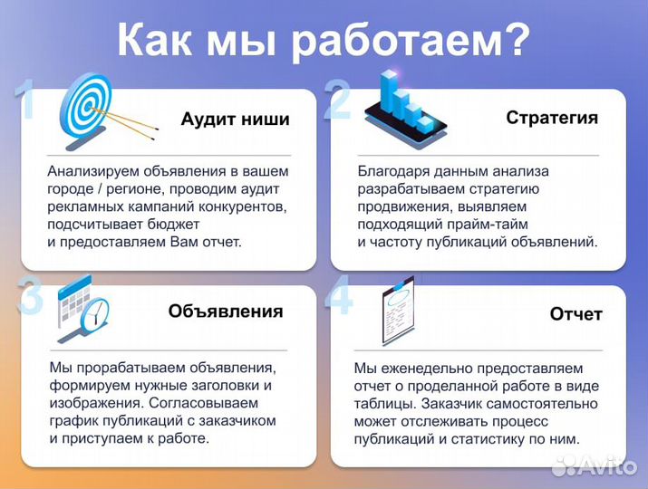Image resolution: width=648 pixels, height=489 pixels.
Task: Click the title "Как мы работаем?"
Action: click(324, 40)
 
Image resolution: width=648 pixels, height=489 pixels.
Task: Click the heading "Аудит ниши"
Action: click(236, 120)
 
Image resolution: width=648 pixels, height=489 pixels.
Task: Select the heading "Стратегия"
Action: click(551, 118)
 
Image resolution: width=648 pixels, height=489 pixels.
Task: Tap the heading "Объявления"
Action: click(226, 311)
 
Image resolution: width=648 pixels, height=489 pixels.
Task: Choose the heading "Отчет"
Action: click(575, 314)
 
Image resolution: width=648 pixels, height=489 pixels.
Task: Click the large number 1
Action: click(27, 100)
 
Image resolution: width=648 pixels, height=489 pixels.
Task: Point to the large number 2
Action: click(337, 100)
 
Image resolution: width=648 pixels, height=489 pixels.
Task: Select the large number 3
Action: click(30, 297)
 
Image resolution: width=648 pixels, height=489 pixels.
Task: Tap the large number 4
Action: click(339, 296)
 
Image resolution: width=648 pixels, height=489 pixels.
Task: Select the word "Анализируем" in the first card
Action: click(90, 170)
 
